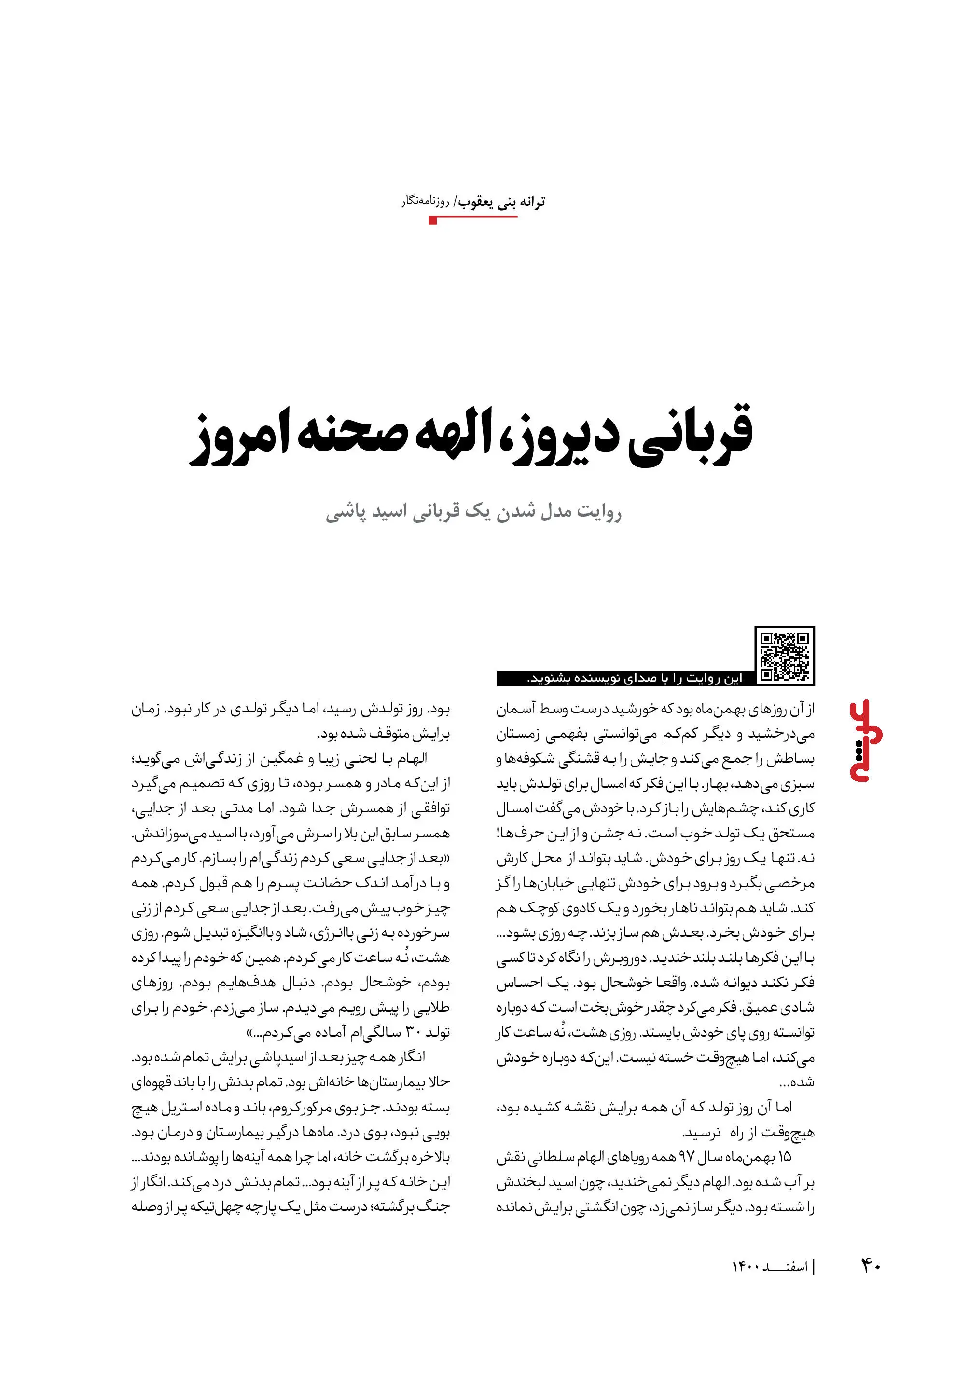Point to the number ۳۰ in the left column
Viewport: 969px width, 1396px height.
pyautogui.click(x=413, y=1032)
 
